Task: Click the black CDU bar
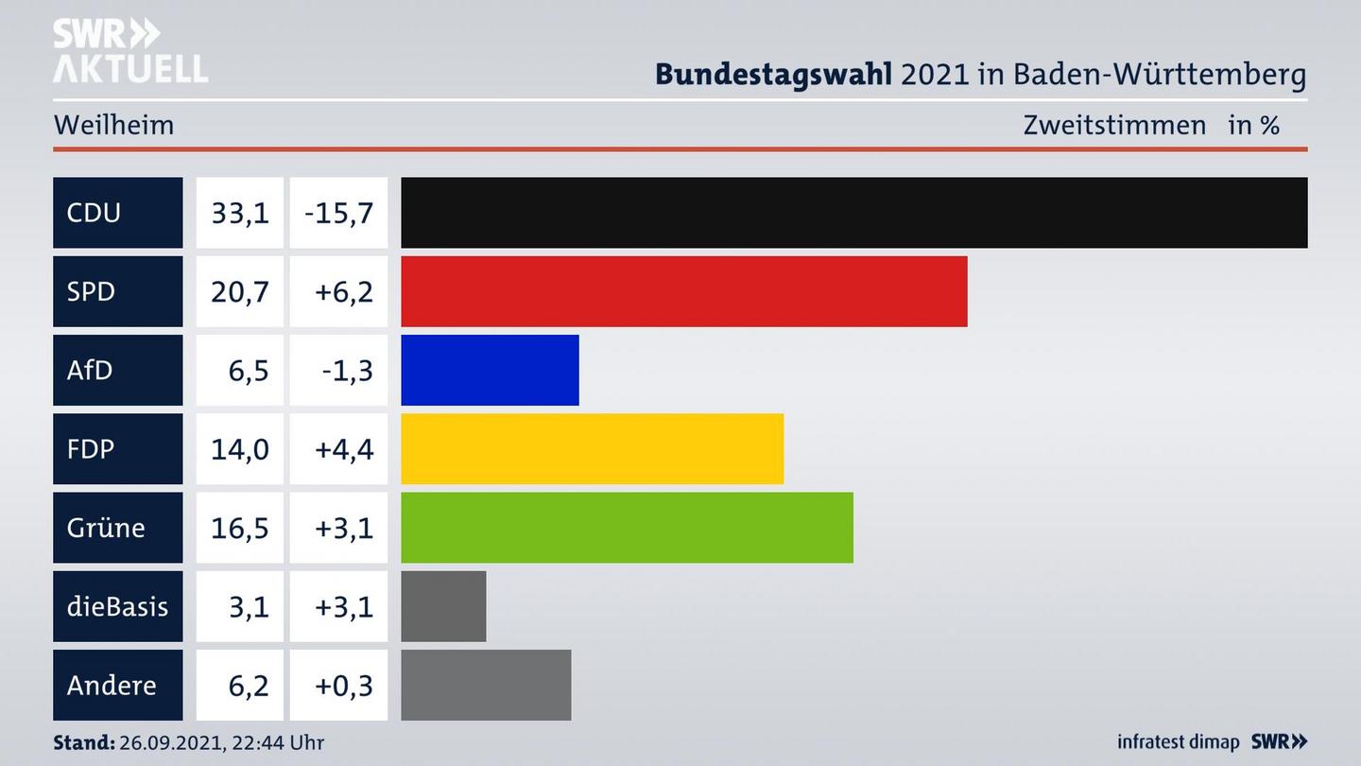point(853,213)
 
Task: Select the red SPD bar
point(683,291)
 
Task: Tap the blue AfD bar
point(490,370)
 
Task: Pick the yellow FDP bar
point(592,448)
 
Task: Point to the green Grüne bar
point(627,527)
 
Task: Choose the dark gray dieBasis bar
point(443,606)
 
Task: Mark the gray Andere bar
point(486,685)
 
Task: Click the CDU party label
point(95,213)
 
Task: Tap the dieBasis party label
point(117,606)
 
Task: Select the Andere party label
point(112,685)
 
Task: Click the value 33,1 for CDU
point(240,213)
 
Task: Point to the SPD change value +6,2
point(343,291)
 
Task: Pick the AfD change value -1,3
point(346,370)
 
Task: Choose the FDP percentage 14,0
point(240,448)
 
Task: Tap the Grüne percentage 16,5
point(240,527)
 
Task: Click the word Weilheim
point(113,125)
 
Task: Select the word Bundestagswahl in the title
point(773,74)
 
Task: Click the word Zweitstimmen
point(1114,125)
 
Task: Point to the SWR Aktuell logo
point(129,51)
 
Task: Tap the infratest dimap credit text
point(1178,742)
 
